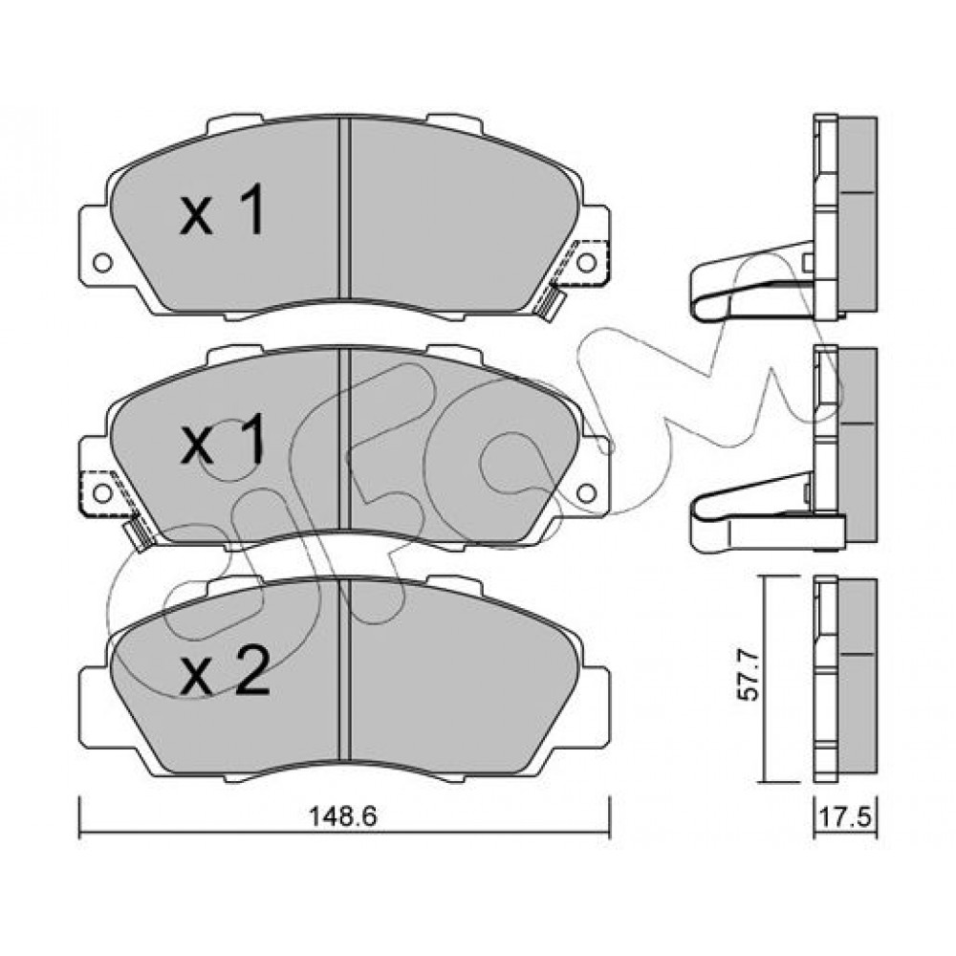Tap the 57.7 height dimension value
(x=749, y=676)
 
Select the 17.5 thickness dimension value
(x=846, y=818)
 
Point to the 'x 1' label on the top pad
(x=223, y=209)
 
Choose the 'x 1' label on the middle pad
(x=223, y=439)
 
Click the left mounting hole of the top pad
(x=102, y=263)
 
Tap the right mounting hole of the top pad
(x=587, y=263)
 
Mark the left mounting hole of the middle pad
(x=102, y=492)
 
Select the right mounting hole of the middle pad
(x=587, y=492)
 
